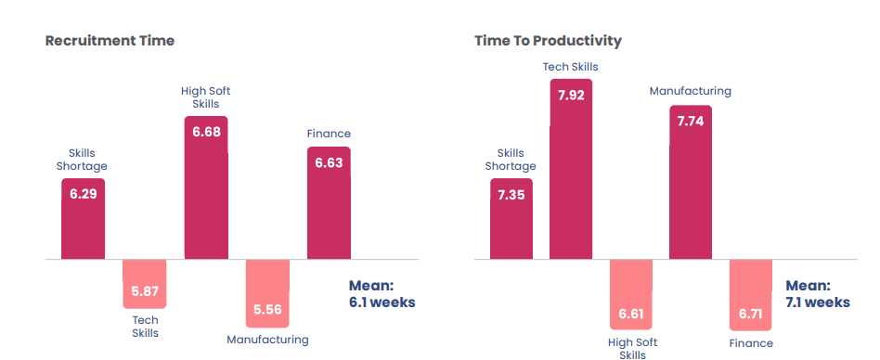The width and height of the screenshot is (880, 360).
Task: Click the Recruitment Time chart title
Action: (x=110, y=41)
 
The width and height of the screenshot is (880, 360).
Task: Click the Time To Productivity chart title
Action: (x=548, y=41)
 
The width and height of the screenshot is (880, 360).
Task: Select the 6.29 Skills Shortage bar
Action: (x=83, y=219)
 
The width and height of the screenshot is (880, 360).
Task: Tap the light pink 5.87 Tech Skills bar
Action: (x=145, y=284)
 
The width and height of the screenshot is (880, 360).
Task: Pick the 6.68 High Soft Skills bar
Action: (x=206, y=187)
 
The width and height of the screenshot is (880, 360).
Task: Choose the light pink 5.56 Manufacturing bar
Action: (x=267, y=293)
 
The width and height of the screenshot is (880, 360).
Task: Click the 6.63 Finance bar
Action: (x=329, y=203)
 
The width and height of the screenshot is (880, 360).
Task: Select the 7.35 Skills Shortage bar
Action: (x=511, y=219)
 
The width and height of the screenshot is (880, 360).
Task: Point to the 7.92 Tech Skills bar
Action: (x=571, y=169)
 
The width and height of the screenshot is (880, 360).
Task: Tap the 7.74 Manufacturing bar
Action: (x=691, y=182)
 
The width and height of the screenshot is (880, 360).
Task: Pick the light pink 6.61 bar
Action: (x=631, y=294)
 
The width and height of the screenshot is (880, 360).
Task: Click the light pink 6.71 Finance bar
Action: (x=750, y=295)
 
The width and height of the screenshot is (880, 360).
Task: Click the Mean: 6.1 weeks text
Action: (x=382, y=294)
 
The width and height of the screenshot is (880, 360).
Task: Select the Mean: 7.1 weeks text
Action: (x=817, y=294)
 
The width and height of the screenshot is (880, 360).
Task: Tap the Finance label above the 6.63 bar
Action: (x=329, y=134)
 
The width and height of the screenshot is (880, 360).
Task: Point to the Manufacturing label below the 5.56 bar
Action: (x=267, y=340)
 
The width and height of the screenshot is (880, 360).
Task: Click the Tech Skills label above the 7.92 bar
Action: (x=571, y=67)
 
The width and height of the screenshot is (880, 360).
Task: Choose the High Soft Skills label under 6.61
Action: (x=632, y=348)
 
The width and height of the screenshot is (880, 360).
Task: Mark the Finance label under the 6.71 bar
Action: (x=751, y=343)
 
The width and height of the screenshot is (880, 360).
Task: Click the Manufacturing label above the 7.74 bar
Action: (x=691, y=91)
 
